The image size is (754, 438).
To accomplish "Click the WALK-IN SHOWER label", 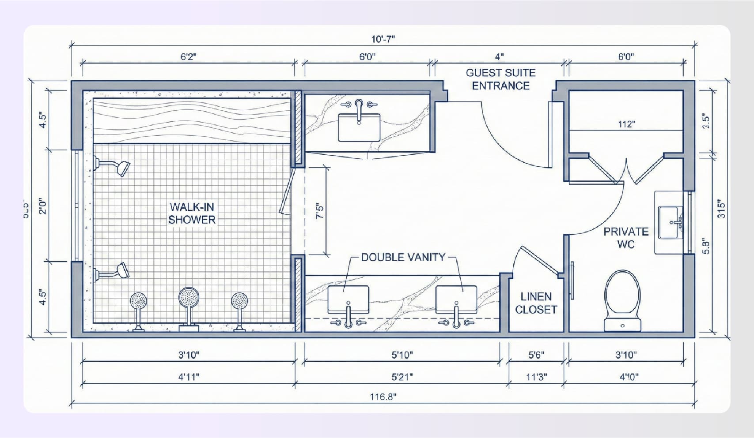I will tap(192, 213).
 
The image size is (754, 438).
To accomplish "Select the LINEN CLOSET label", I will tap(536, 303).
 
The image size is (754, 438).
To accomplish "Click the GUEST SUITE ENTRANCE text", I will tap(500, 79).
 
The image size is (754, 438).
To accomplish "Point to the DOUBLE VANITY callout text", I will tap(403, 257).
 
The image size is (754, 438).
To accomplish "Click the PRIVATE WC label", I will tap(626, 237).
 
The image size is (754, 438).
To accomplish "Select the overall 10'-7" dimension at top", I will tap(383, 39).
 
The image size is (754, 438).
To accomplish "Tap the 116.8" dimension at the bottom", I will tap(383, 397).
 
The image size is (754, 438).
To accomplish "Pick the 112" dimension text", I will tap(626, 124).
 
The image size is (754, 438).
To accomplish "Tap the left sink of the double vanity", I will tap(348, 299).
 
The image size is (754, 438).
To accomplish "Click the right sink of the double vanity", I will tap(456, 299).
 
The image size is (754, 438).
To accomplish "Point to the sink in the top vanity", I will tap(359, 127).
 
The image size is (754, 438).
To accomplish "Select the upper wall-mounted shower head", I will tap(122, 168).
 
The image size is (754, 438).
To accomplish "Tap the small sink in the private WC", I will tap(670, 222).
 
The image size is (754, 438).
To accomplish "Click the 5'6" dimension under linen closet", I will tap(536, 355).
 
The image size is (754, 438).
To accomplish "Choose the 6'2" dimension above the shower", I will tap(188, 57).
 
